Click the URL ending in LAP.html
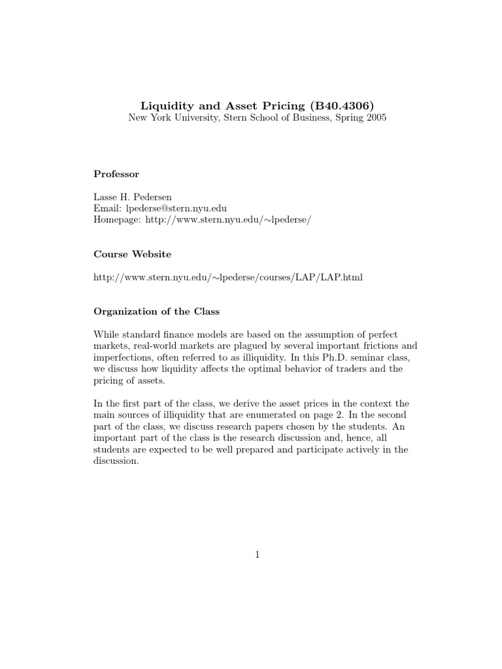click(x=228, y=278)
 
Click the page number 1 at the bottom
click(x=258, y=555)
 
